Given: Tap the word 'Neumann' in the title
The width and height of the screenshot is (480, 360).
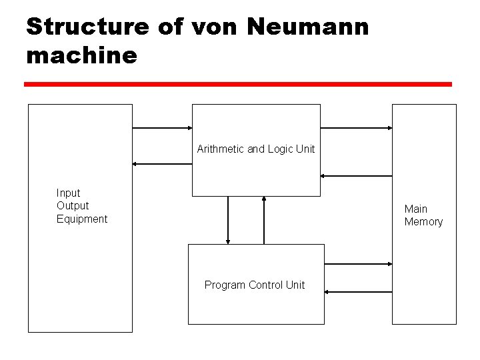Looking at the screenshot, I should (x=307, y=27).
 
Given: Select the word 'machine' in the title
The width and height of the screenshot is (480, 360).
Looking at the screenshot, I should (x=81, y=55).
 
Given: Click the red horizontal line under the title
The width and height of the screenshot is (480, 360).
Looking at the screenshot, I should (x=238, y=85).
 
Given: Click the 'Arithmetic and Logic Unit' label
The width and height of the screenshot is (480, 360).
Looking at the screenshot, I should (x=256, y=149).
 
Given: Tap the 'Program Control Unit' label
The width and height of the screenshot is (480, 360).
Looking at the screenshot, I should (x=255, y=285).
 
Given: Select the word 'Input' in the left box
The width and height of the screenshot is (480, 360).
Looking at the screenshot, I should (x=69, y=193).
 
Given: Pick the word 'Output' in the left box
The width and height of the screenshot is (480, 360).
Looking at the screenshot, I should (x=73, y=206).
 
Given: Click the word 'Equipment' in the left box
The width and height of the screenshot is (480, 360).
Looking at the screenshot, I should (x=82, y=219).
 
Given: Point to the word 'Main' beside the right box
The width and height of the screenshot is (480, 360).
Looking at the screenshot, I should (x=416, y=209).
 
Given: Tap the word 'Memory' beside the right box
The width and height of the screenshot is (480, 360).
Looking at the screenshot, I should (x=423, y=222).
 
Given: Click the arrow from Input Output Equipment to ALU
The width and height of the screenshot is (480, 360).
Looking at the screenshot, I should (x=162, y=127).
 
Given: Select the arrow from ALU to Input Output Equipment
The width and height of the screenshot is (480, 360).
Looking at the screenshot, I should (x=162, y=163).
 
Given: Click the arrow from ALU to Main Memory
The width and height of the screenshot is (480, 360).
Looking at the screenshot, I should (x=356, y=127).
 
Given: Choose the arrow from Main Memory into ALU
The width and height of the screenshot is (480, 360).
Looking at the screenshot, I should (x=356, y=176).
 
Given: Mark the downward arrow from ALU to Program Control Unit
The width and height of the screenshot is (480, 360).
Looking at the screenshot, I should (x=228, y=220).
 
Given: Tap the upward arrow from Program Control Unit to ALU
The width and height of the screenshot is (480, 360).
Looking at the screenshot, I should (x=264, y=220).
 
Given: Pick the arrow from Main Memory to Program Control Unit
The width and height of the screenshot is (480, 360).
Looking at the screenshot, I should (x=358, y=291).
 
